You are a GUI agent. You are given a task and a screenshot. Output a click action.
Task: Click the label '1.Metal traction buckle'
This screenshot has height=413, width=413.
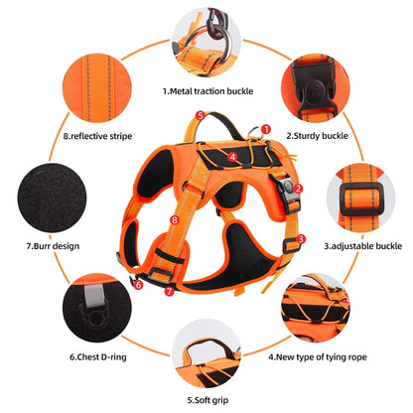[x=206, y=91]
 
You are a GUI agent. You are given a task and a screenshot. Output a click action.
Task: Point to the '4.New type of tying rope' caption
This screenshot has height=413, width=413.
[x=315, y=352]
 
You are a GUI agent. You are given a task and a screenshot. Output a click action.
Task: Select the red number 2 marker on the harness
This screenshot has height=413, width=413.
[x=298, y=187]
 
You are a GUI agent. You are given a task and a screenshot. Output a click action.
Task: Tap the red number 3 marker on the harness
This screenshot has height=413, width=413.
[x=301, y=239]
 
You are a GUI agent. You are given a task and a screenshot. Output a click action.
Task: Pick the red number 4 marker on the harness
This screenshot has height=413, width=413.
[x=232, y=157]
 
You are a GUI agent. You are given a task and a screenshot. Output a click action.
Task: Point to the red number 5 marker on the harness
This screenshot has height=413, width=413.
[x=200, y=116]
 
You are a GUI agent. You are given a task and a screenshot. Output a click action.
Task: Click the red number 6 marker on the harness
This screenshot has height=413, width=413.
[x=139, y=284]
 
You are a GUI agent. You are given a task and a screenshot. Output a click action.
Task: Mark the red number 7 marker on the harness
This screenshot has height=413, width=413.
[x=169, y=291]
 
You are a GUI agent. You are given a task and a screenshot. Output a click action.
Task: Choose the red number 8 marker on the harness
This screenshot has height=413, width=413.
[x=175, y=219]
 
